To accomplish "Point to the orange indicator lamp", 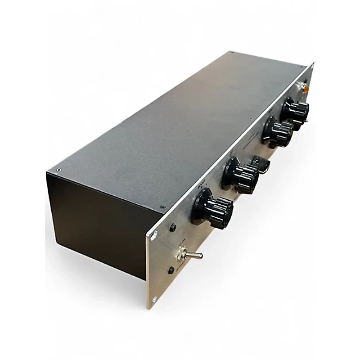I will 306,89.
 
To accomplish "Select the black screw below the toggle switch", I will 171,270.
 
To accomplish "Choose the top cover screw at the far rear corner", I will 233,53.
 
